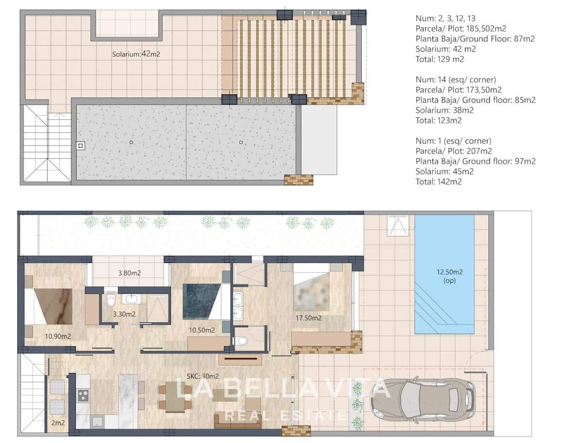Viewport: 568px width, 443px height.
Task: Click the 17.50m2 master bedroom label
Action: (309, 318)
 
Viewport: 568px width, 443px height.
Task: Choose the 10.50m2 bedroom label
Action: (201, 330)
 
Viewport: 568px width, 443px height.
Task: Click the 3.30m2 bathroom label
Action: (124, 314)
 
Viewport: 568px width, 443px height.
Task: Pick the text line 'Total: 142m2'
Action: (438, 182)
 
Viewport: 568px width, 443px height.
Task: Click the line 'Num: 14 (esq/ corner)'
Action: (456, 80)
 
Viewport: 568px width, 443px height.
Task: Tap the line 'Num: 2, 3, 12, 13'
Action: (446, 18)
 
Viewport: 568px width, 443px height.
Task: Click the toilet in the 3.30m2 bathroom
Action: (111, 301)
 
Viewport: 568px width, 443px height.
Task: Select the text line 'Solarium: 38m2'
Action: (444, 110)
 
